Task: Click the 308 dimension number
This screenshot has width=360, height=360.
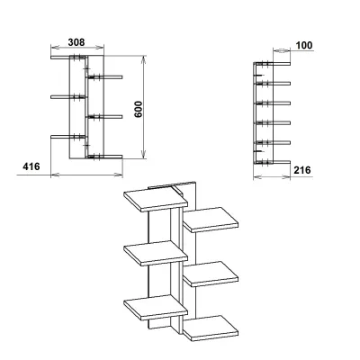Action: tap(76, 42)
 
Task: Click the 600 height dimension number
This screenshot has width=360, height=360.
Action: tap(139, 109)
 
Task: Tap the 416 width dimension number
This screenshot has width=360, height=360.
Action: tap(31, 166)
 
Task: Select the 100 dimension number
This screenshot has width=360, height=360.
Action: tap(304, 46)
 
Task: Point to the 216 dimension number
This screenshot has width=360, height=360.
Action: tap(302, 170)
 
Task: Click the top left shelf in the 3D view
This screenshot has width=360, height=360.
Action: tap(156, 199)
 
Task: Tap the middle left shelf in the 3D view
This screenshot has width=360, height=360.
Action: tap(156, 253)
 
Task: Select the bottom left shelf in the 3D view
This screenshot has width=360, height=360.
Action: tap(156, 308)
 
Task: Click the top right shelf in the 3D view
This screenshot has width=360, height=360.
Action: tap(211, 220)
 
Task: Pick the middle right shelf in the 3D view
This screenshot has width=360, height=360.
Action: tap(211, 274)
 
